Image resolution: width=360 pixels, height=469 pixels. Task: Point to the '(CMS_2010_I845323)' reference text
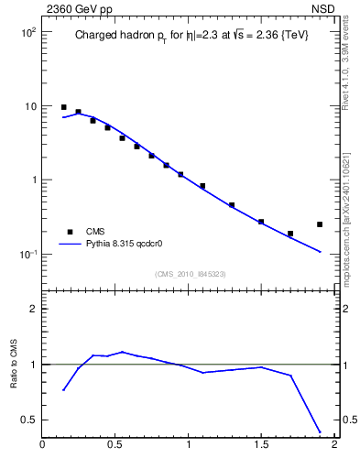click(x=189, y=274)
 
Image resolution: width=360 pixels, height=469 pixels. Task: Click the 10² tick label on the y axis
click(x=27, y=32)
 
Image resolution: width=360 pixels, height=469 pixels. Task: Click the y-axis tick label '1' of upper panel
click(x=33, y=180)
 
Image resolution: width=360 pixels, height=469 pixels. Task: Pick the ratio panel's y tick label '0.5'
click(x=27, y=420)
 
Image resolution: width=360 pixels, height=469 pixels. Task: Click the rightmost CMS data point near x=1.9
click(x=320, y=224)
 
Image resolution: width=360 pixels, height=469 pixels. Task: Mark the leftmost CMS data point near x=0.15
click(x=63, y=107)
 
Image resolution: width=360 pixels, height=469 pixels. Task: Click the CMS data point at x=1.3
click(x=232, y=205)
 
